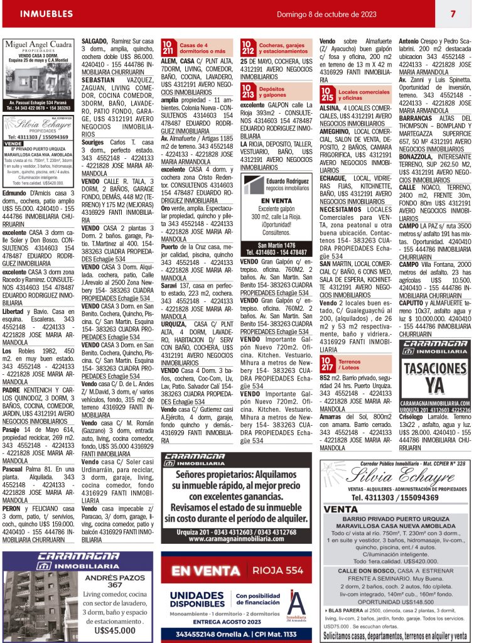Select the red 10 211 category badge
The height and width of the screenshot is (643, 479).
168,47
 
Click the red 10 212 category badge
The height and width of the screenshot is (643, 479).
247,47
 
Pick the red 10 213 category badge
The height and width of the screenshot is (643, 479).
247,93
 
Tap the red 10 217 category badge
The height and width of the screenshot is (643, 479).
327,364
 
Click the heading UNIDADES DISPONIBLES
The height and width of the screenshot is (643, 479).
198,599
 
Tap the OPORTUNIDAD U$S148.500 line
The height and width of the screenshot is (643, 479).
395,602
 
